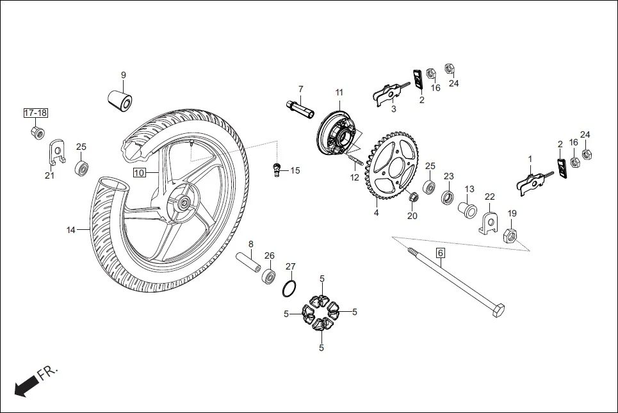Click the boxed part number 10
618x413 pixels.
[x=140, y=172]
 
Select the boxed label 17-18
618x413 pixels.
[x=36, y=113]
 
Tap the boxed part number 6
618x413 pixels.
[x=440, y=253]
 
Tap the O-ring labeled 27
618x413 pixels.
[x=290, y=288]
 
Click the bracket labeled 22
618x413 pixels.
[x=490, y=223]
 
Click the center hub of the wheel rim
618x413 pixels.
[x=184, y=204]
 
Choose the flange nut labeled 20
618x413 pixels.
[x=413, y=195]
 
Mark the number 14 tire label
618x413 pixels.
[x=71, y=229]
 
